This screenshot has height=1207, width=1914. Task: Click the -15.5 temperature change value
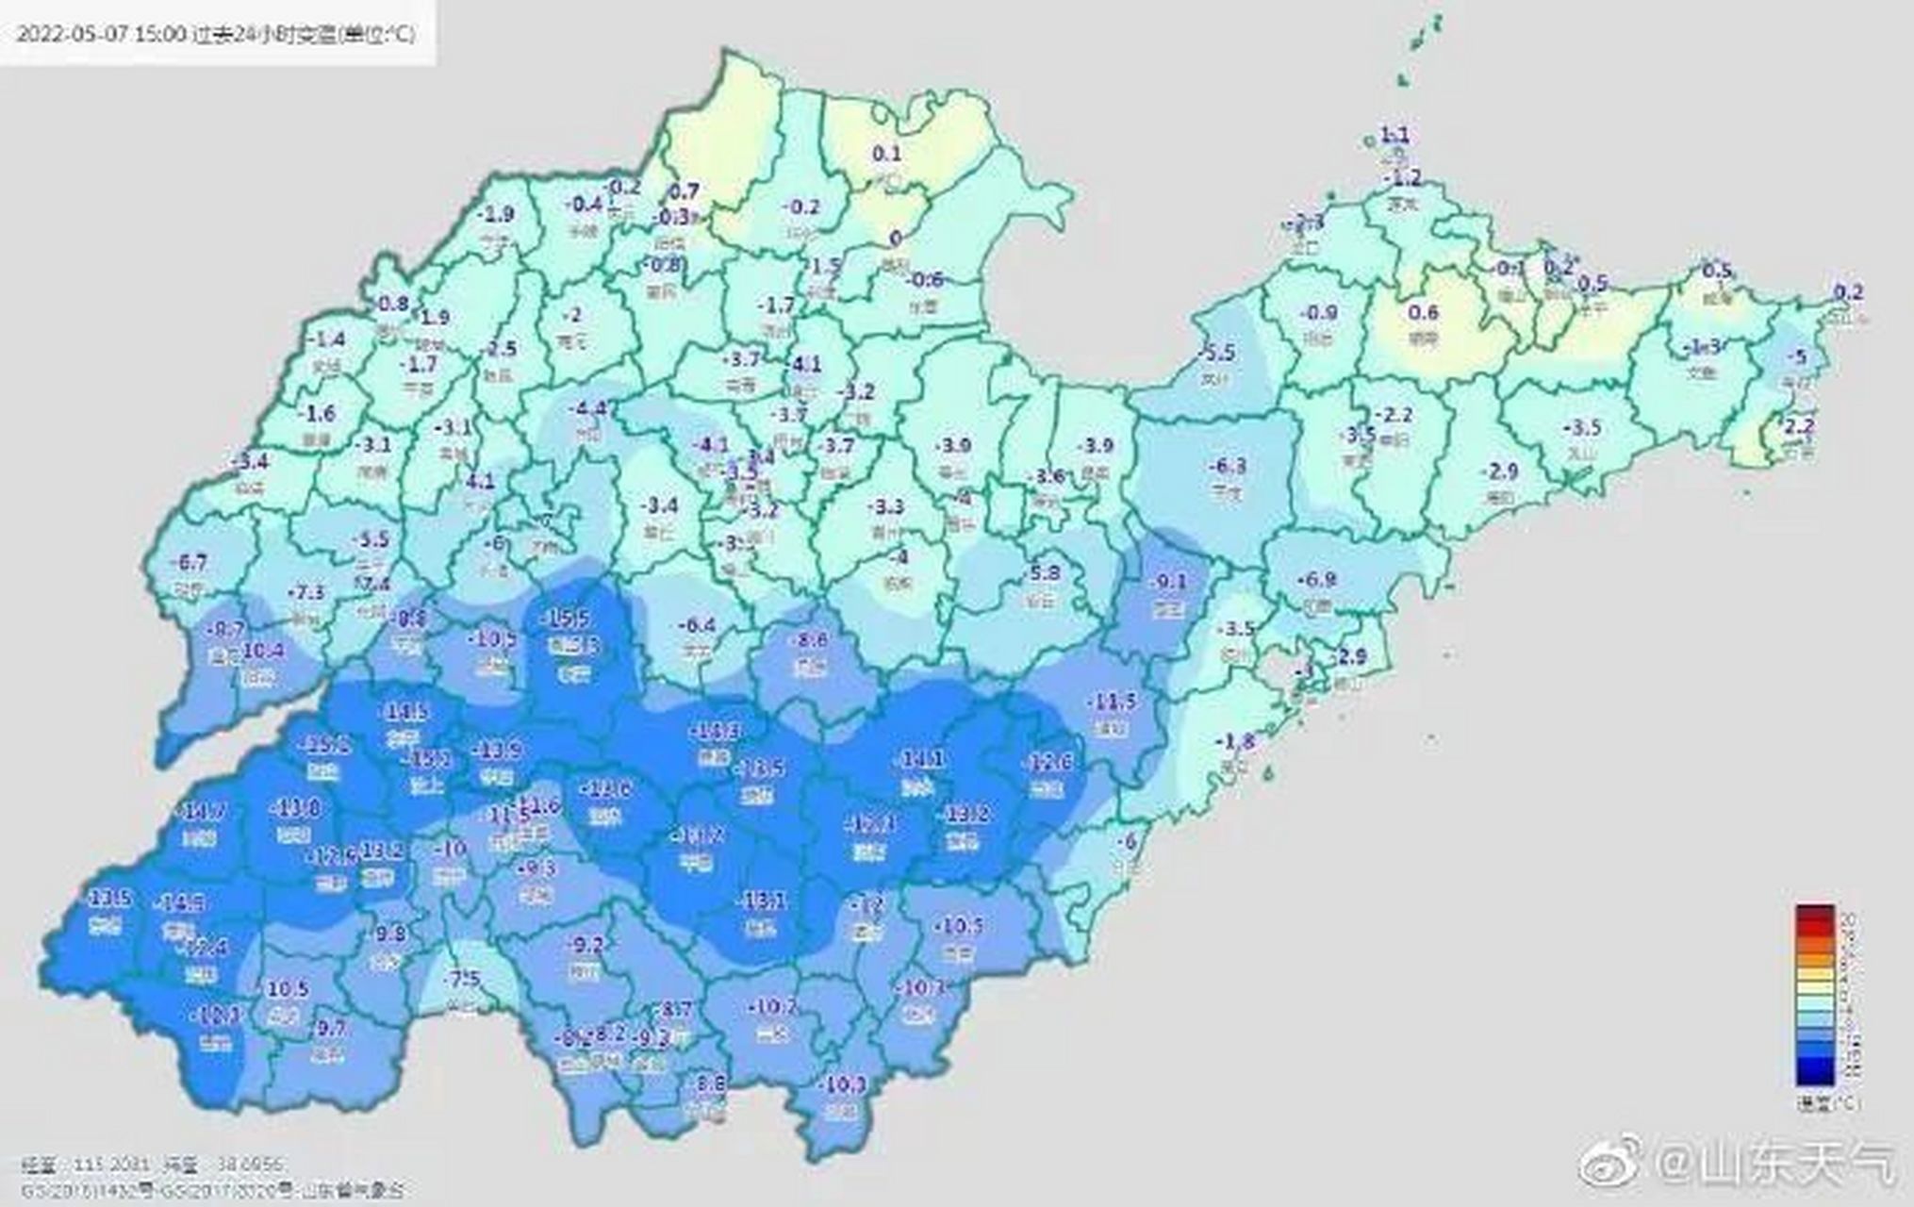click(568, 619)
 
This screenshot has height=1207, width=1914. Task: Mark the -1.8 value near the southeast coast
click(1236, 741)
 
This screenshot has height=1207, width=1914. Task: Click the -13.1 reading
click(762, 901)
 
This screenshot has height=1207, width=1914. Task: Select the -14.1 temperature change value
click(920, 758)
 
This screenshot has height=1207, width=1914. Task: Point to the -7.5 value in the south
click(464, 979)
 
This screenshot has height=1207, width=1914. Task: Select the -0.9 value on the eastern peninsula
click(1318, 313)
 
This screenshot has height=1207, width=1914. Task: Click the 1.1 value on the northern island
click(1394, 136)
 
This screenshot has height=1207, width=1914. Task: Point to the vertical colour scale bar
click(1814, 995)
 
